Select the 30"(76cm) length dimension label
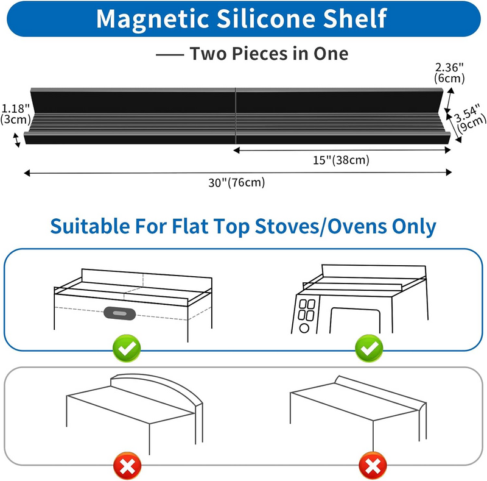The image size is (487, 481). (x=238, y=182)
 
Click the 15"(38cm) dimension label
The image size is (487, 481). (x=342, y=160)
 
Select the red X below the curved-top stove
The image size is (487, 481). (x=127, y=468)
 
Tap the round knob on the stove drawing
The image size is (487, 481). (x=304, y=328)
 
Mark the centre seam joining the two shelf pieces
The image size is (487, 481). (x=235, y=116)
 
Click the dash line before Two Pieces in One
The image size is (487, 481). (x=170, y=54)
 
